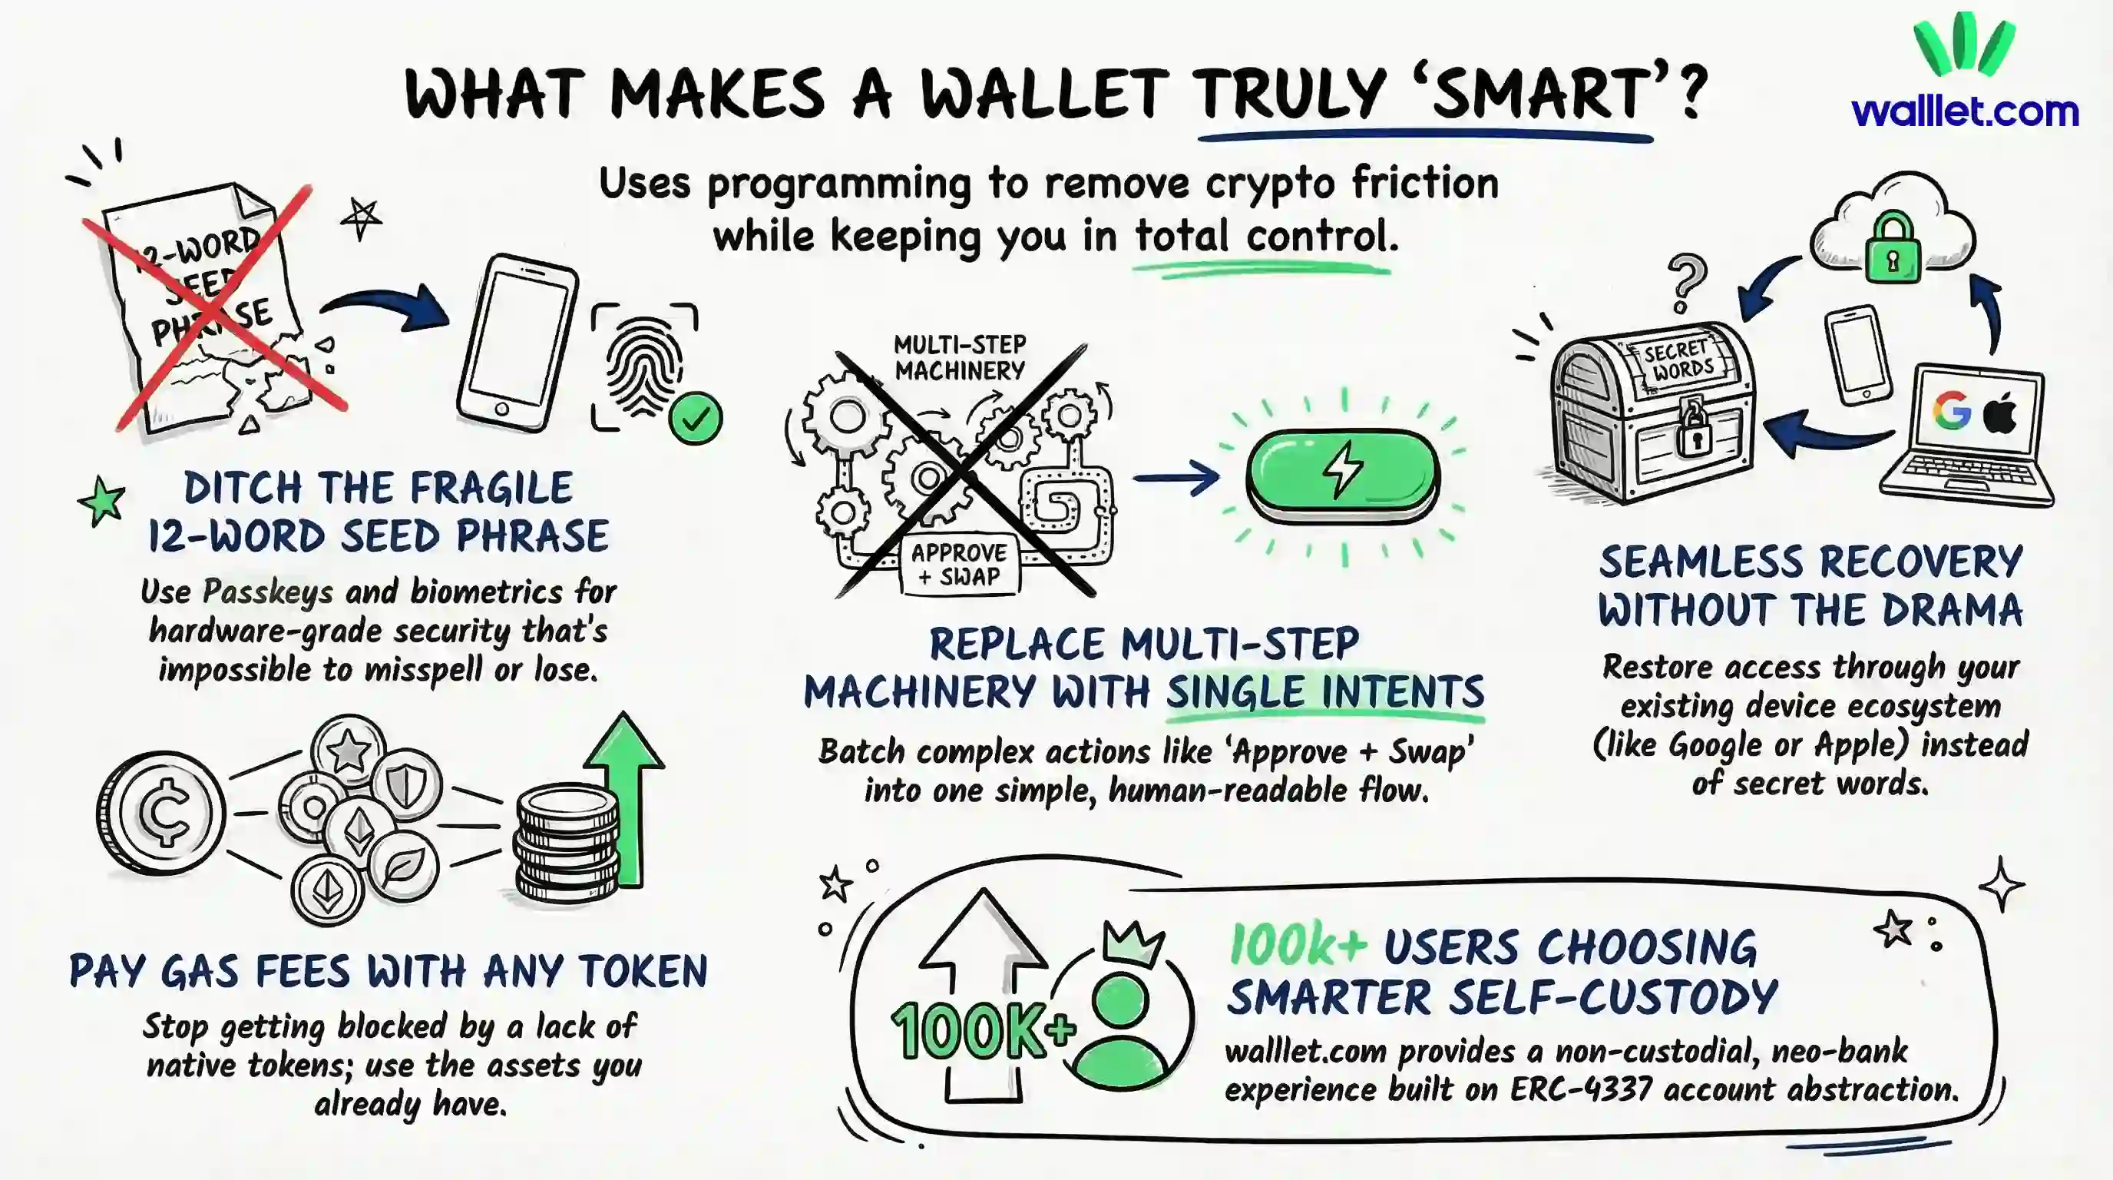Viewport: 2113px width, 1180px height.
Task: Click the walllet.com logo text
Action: pos(1965,111)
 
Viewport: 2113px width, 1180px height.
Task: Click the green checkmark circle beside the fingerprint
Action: pos(696,419)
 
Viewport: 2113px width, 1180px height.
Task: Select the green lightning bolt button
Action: pos(1343,473)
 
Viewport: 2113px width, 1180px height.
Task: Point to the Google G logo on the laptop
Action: pos(1953,409)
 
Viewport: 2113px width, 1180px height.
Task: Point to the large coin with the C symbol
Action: pos(160,812)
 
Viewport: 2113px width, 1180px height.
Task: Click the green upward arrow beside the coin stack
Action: pos(625,792)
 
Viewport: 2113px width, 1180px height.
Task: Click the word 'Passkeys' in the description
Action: pos(267,592)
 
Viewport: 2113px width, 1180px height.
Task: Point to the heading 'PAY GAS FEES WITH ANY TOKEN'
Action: pos(388,972)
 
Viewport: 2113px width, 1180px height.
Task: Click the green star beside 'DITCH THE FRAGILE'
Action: pos(101,500)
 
